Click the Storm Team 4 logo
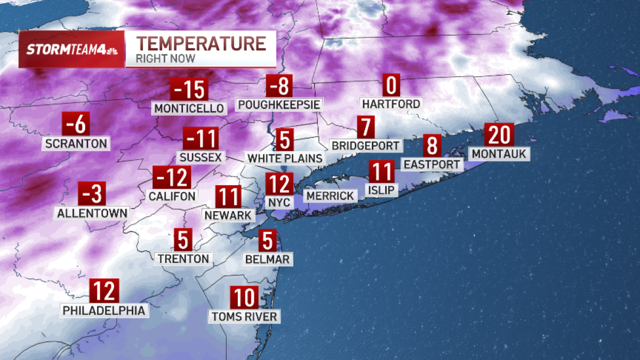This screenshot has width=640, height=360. coord(71,49)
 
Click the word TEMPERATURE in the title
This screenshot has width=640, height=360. coord(201,43)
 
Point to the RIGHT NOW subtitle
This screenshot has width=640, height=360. coord(165,58)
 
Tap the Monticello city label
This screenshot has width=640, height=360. coord(189,108)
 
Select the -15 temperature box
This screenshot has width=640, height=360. coord(188,90)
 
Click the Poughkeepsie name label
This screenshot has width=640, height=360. coord(279,104)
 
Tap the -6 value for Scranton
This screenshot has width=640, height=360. coord(76,125)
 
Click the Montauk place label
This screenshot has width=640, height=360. coord(499,154)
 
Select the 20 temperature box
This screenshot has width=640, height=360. coord(499,135)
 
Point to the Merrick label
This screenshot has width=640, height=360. coord(330,196)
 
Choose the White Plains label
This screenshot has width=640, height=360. coord(285,158)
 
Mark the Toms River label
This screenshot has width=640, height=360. coord(244,317)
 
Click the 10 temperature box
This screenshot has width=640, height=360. coord(244,298)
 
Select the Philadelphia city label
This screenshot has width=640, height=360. coord(104,310)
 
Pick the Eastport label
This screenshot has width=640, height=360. coord(431,164)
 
